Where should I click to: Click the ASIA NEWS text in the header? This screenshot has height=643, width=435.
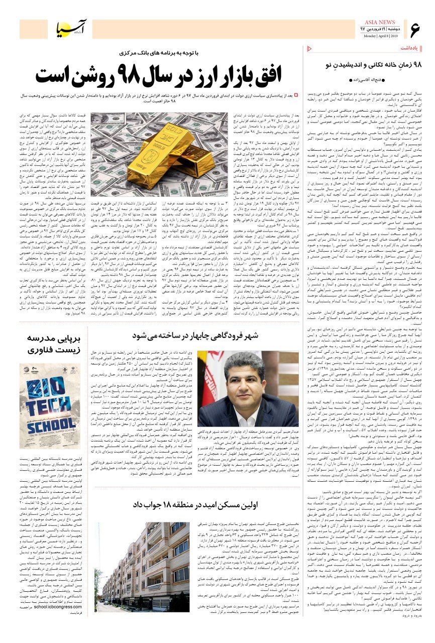tap(380, 23)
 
